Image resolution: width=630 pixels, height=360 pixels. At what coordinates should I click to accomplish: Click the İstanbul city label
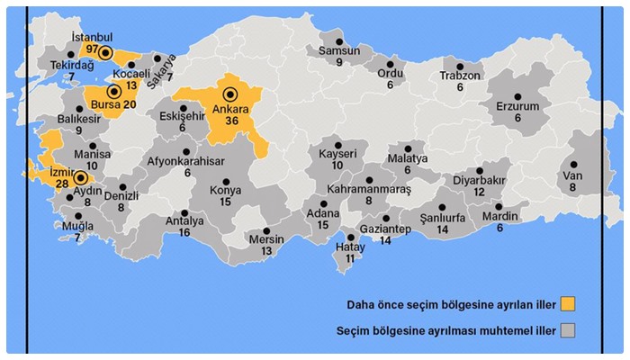tap(92, 37)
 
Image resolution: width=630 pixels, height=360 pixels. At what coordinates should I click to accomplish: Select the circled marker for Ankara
tap(229, 94)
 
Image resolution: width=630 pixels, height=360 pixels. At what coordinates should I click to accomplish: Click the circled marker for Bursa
tap(114, 91)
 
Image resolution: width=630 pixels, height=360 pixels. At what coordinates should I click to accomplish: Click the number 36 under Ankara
tap(230, 121)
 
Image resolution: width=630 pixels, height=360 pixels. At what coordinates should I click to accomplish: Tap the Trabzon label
tap(460, 76)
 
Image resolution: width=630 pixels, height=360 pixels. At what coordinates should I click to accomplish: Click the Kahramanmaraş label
tap(369, 190)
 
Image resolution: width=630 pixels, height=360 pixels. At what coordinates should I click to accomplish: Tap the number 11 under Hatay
tap(351, 258)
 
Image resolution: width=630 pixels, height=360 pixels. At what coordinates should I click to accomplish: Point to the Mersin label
tap(266, 239)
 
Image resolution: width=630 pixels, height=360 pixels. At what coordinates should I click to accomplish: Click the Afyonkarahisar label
tap(187, 162)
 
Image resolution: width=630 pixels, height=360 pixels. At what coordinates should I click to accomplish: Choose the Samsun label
tap(339, 51)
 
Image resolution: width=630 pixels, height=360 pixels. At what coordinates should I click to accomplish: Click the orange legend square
tap(567, 302)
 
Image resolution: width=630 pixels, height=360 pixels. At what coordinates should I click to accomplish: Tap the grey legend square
tap(567, 329)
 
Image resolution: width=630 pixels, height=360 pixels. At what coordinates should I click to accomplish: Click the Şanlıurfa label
tap(442, 219)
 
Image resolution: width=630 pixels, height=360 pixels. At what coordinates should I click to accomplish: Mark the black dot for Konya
tap(226, 179)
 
